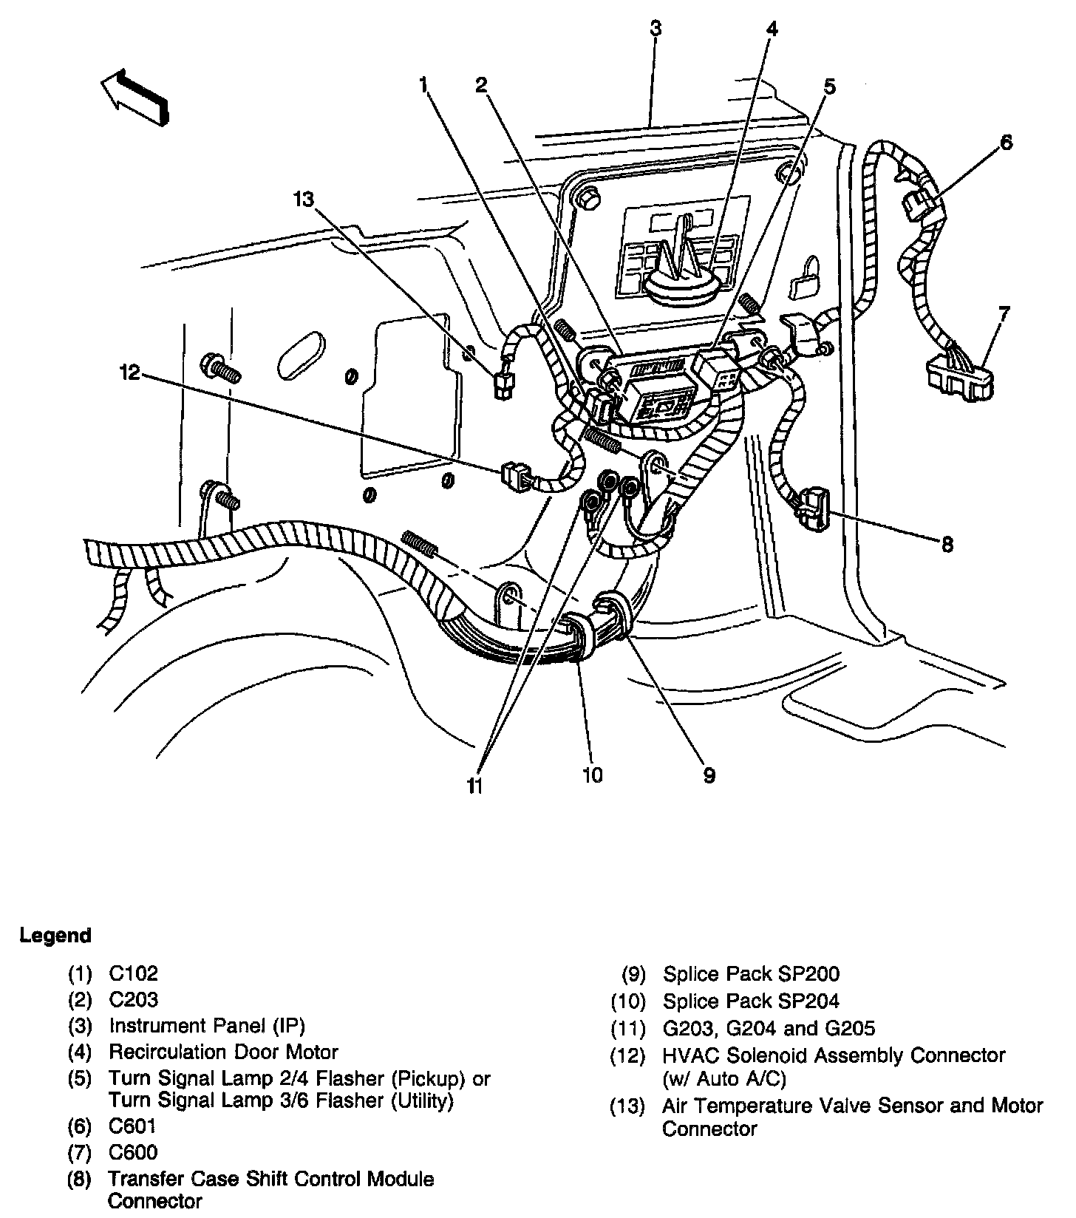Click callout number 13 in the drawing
[303, 199]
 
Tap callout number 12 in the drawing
[129, 372]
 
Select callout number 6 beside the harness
[1007, 143]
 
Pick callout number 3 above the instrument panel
[655, 30]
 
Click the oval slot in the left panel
[301, 358]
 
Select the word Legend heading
[55, 936]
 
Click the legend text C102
[133, 974]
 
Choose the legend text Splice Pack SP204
[751, 1001]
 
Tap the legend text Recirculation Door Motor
[223, 1052]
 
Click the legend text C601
[133, 1126]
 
